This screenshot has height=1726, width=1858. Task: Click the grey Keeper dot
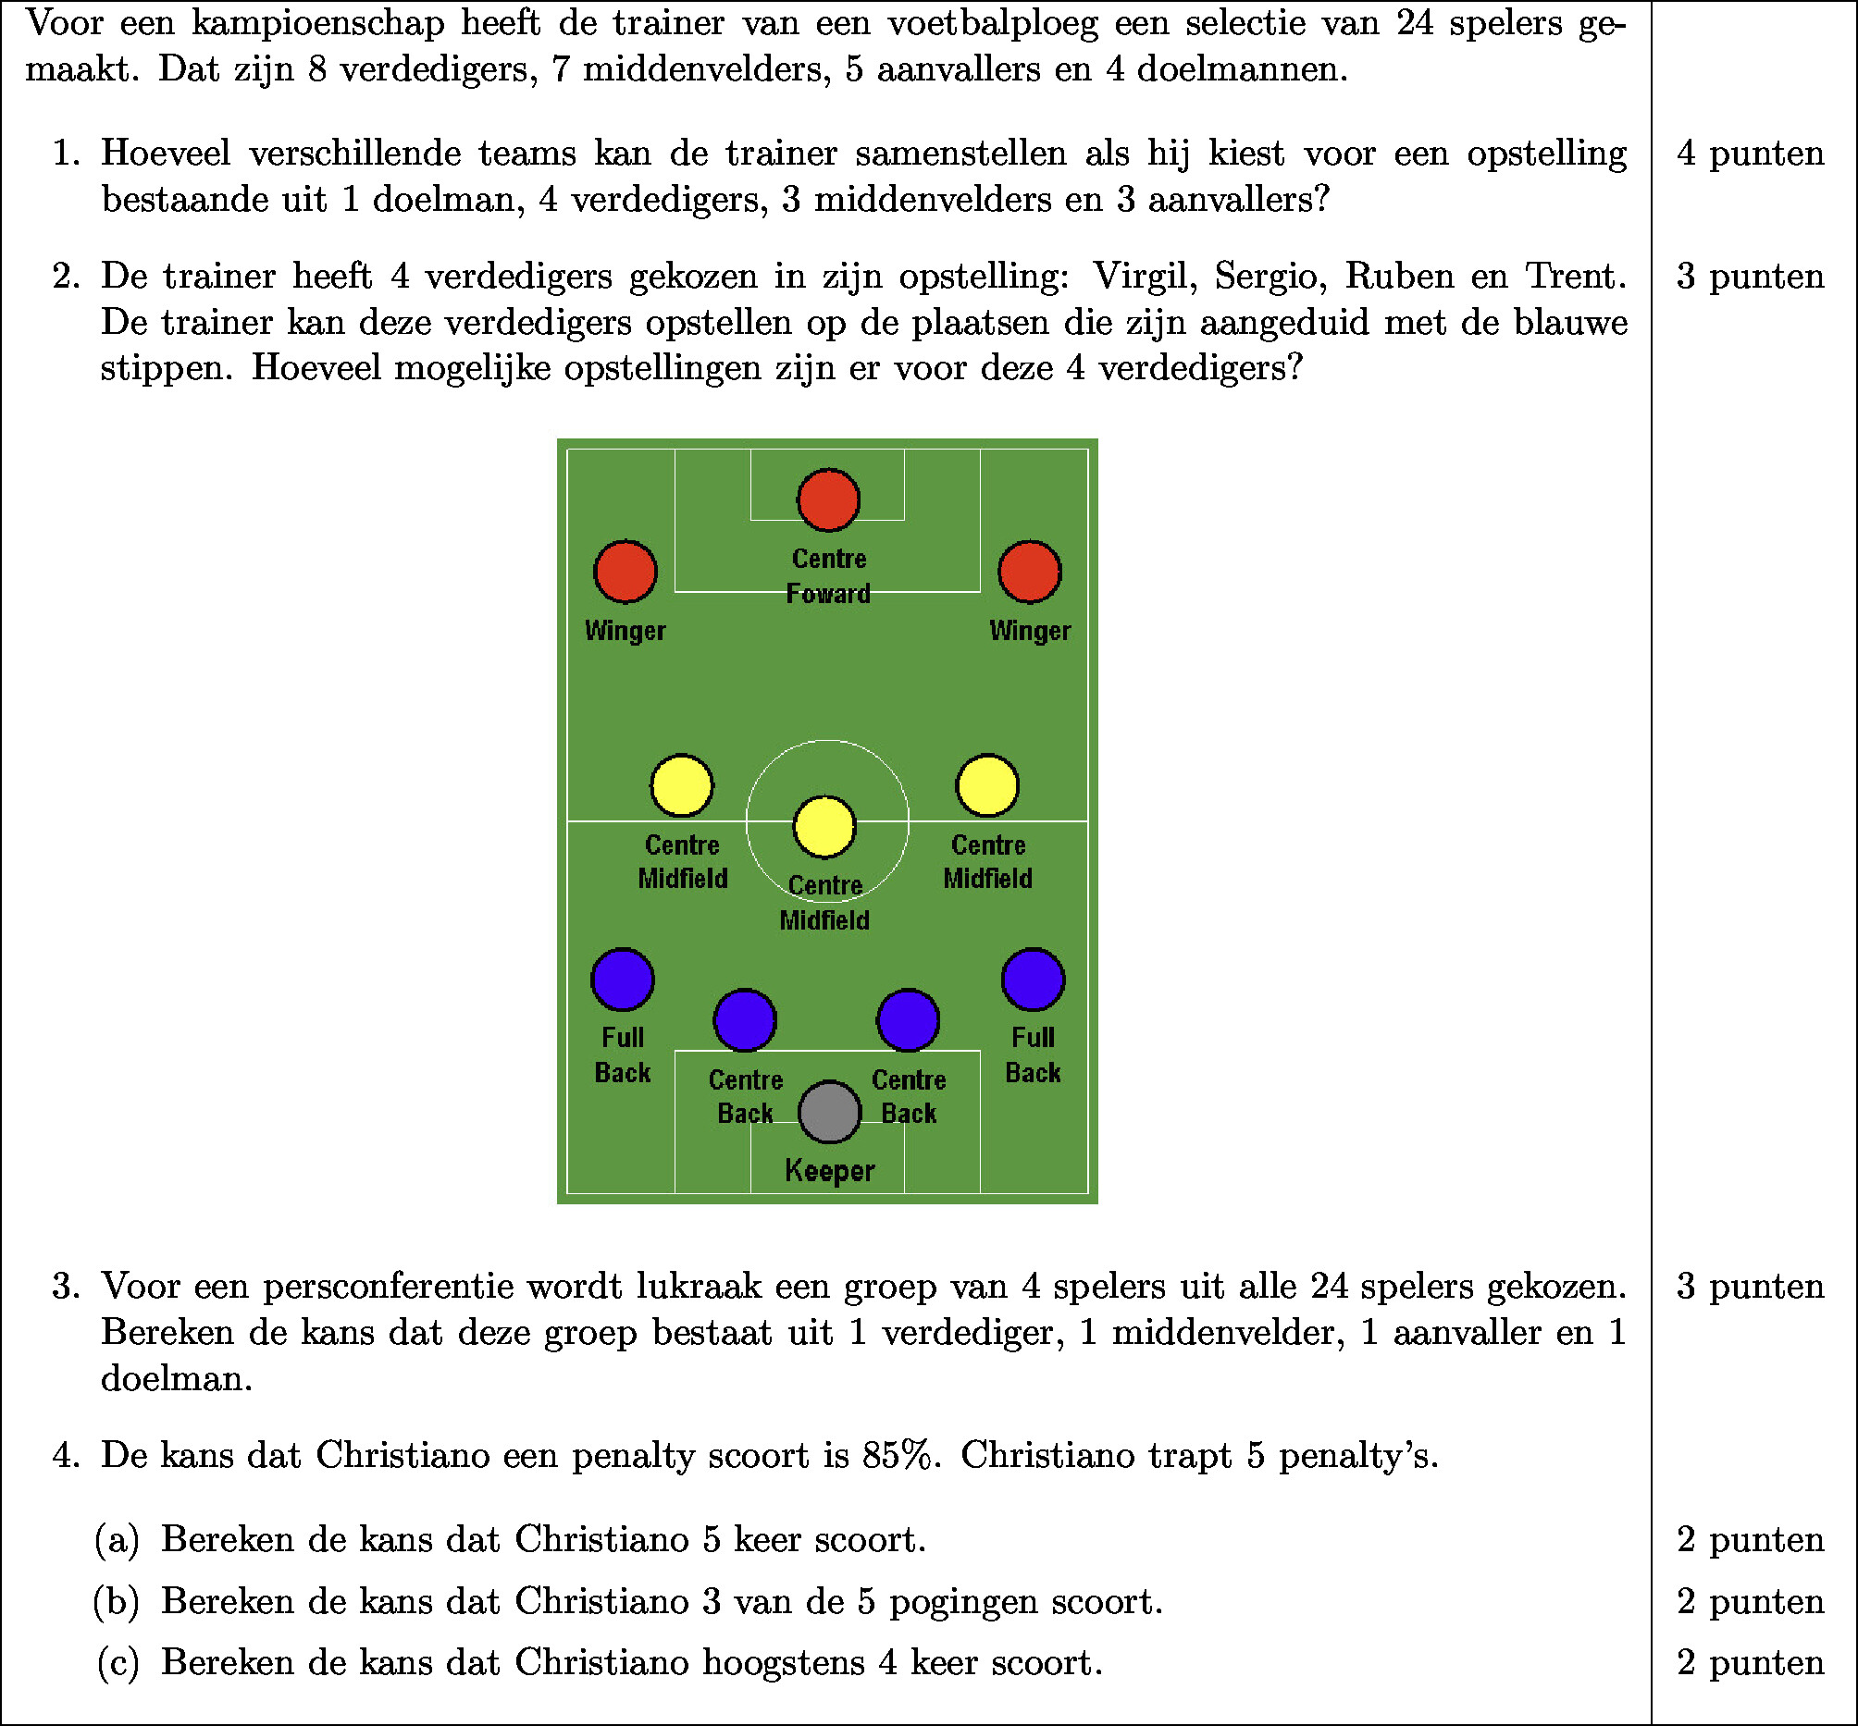829,1112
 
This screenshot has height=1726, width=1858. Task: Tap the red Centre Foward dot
828,499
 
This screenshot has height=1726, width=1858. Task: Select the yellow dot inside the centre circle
824,827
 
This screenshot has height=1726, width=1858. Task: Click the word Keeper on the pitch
829,1171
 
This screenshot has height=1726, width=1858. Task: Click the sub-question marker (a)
118,1539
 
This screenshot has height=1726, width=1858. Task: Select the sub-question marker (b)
117,1601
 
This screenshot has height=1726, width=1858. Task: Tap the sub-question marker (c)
118,1662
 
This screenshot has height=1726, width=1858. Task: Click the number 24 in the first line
1415,22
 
